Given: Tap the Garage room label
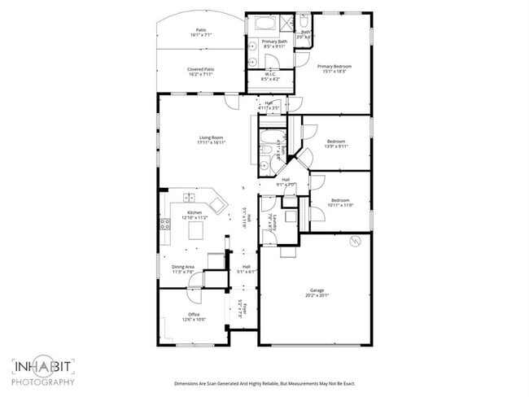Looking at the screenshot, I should (x=317, y=290).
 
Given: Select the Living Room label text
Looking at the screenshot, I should (x=212, y=137).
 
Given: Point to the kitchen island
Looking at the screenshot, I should (x=195, y=232).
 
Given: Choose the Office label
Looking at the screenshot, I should (x=194, y=314).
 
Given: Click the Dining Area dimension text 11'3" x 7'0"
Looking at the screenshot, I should (x=183, y=272).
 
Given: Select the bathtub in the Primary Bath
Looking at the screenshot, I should (x=265, y=23).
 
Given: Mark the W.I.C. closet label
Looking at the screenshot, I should (x=271, y=74).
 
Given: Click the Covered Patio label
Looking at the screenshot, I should (x=201, y=69).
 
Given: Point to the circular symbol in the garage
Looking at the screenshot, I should (x=355, y=241).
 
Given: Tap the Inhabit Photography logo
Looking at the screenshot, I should (x=43, y=371).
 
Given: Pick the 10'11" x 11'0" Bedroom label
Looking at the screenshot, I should (x=339, y=200).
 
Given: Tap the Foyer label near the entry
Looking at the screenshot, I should (x=241, y=307).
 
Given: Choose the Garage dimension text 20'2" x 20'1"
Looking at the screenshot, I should (x=317, y=294).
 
